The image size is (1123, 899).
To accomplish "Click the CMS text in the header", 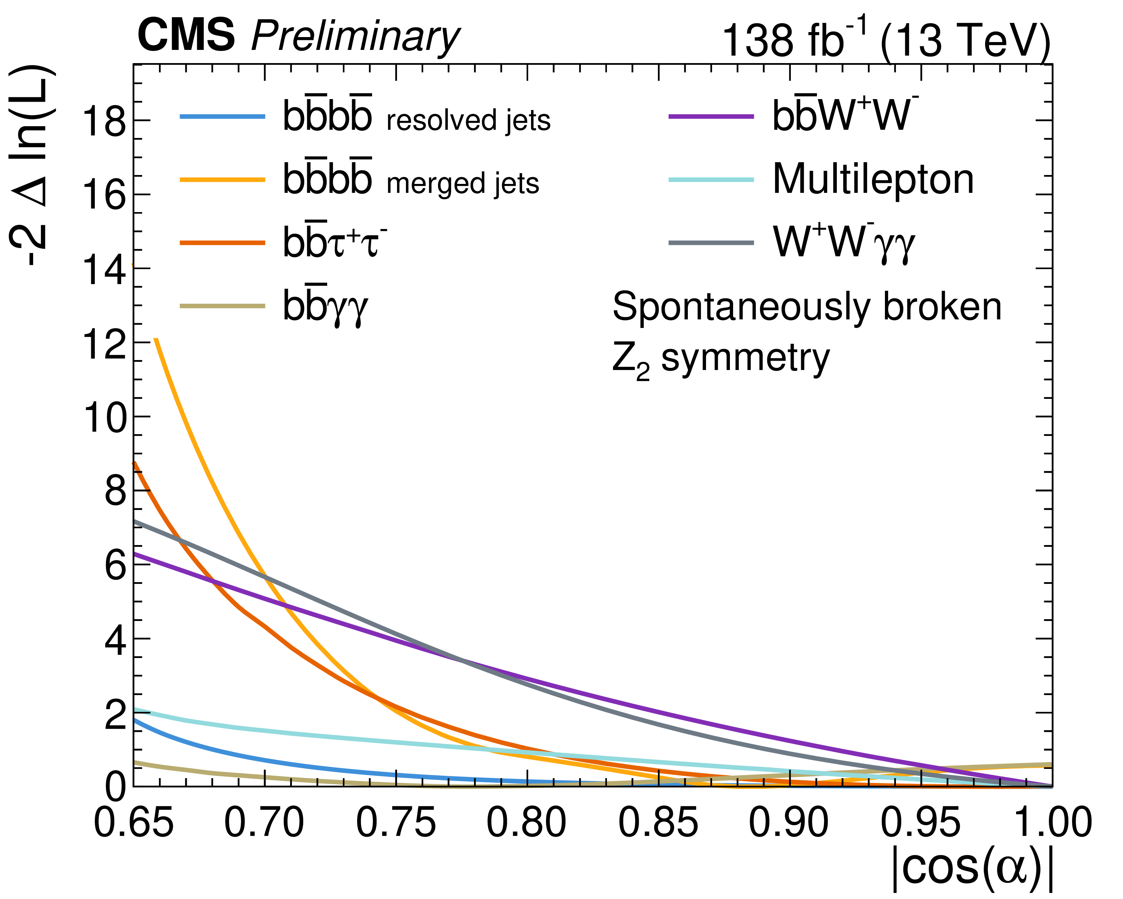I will [186, 35].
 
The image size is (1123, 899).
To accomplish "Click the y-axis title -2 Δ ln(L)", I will [32, 166].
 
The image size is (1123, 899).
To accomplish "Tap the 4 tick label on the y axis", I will [115, 640].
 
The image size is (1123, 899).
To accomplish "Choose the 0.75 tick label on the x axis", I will [396, 823].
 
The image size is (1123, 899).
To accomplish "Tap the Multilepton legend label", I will [873, 180].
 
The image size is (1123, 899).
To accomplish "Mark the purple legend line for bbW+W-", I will [711, 117].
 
